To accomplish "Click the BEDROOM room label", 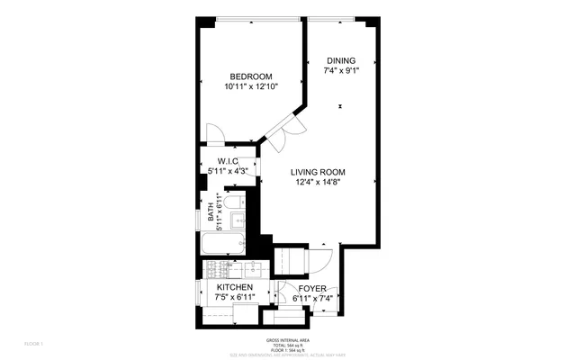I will [x=251, y=76].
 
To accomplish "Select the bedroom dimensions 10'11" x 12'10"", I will [x=251, y=87].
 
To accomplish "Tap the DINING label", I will [x=340, y=60].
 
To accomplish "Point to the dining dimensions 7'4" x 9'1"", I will [x=340, y=71].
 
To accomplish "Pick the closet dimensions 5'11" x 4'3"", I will [x=227, y=171].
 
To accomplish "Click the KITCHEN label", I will [x=234, y=286].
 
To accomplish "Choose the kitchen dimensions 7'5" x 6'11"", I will [x=234, y=297].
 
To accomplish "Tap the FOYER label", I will [x=312, y=289].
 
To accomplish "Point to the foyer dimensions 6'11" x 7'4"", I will [x=312, y=300].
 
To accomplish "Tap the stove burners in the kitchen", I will [x=215, y=269].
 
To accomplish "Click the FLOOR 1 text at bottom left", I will [x=34, y=343].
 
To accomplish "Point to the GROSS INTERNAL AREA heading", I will [x=287, y=340].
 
